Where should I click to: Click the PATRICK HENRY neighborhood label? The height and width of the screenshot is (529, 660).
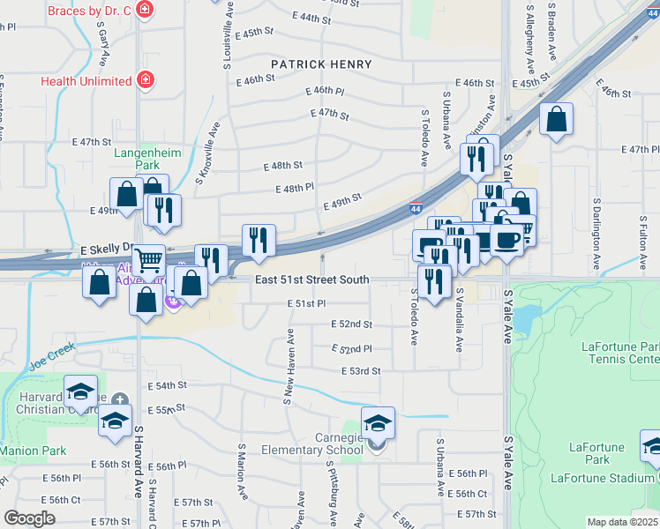point(321,64)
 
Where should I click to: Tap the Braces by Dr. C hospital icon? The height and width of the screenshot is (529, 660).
point(145,11)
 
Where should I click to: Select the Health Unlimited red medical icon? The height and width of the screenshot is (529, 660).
point(145,81)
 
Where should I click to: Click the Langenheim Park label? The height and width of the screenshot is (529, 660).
point(147,159)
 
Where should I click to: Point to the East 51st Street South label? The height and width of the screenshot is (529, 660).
point(312,280)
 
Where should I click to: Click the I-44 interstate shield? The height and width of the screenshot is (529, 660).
point(415,209)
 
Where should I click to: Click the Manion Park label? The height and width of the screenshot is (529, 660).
point(33,451)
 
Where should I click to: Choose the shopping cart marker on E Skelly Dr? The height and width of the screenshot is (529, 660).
point(148,258)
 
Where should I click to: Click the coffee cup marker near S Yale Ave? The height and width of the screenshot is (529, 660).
point(506,238)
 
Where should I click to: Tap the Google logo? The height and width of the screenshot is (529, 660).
point(29,518)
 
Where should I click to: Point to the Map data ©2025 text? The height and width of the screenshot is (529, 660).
point(622,522)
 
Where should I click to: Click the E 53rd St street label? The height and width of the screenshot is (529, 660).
point(361,371)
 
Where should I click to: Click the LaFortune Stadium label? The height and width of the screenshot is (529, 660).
point(602,478)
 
